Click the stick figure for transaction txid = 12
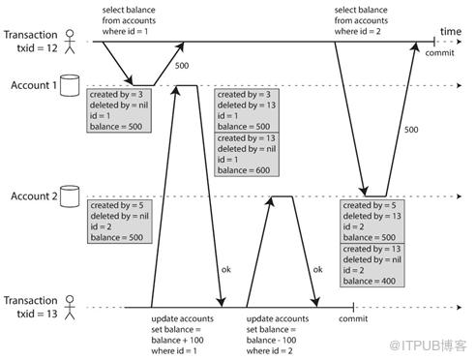pyautogui.click(x=70, y=42)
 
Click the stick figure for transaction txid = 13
pyautogui.click(x=70, y=308)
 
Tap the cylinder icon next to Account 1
pyautogui.click(x=70, y=85)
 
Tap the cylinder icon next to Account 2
pyautogui.click(x=70, y=196)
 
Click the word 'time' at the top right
pyautogui.click(x=451, y=32)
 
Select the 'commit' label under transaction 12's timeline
pyautogui.click(x=439, y=52)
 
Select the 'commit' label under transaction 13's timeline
pyautogui.click(x=353, y=318)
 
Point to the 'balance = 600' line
pyautogui.click(x=244, y=170)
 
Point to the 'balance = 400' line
pyautogui.click(x=369, y=281)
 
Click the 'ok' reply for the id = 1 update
pyautogui.click(x=226, y=269)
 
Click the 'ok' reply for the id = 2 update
pyautogui.click(x=317, y=269)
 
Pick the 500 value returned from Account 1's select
pyautogui.click(x=182, y=66)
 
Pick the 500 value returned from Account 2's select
pyautogui.click(x=411, y=130)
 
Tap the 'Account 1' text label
pyautogui.click(x=34, y=85)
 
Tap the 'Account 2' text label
pyautogui.click(x=34, y=196)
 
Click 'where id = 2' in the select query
pyautogui.click(x=357, y=32)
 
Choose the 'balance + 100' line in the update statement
pyautogui.click(x=177, y=340)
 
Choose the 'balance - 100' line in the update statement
pyautogui.click(x=271, y=340)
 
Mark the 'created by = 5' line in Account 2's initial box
pyautogui.click(x=117, y=205)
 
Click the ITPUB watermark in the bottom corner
pyautogui.click(x=428, y=345)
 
